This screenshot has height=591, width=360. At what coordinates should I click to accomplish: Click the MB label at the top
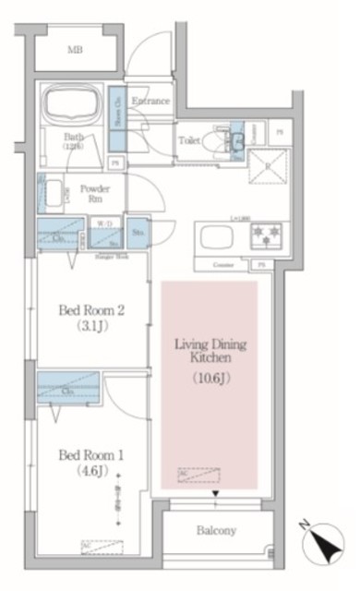[74, 50]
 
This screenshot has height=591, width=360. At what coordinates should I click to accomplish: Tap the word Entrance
[149, 101]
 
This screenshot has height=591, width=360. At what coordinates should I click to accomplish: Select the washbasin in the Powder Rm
[53, 194]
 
